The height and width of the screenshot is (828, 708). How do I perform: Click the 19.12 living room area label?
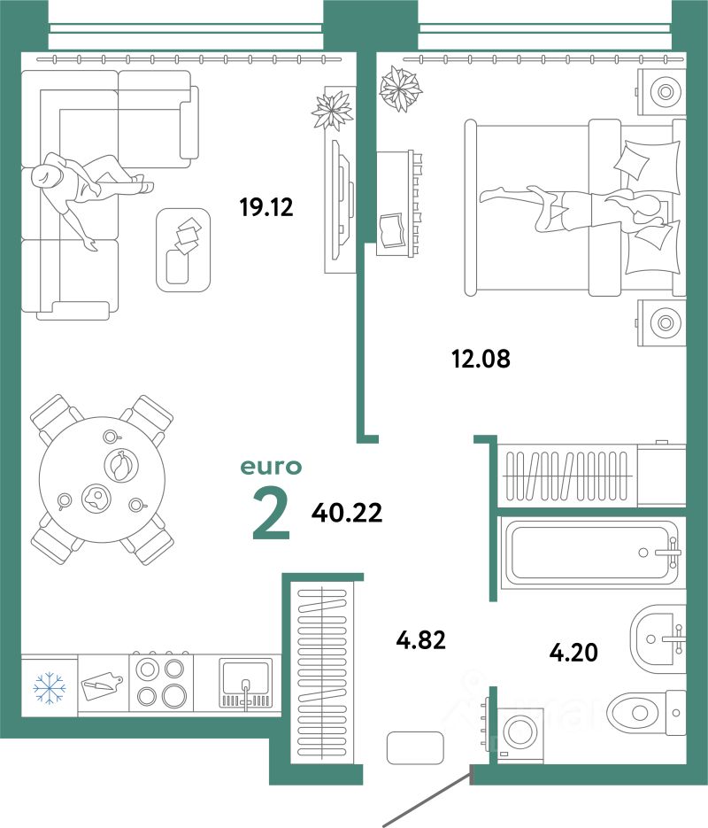(266, 206)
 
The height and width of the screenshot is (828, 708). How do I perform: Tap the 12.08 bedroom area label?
(481, 359)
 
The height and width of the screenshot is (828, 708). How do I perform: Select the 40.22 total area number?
(347, 512)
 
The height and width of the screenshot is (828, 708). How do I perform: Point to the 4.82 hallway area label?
(421, 639)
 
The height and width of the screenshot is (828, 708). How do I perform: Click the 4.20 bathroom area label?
(573, 652)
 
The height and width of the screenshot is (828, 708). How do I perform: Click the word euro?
(271, 467)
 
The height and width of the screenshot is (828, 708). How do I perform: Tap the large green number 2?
(271, 514)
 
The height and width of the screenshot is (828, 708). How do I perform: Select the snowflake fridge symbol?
(49, 687)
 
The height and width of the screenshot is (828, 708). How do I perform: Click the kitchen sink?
(246, 683)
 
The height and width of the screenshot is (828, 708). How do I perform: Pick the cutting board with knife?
(103, 686)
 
